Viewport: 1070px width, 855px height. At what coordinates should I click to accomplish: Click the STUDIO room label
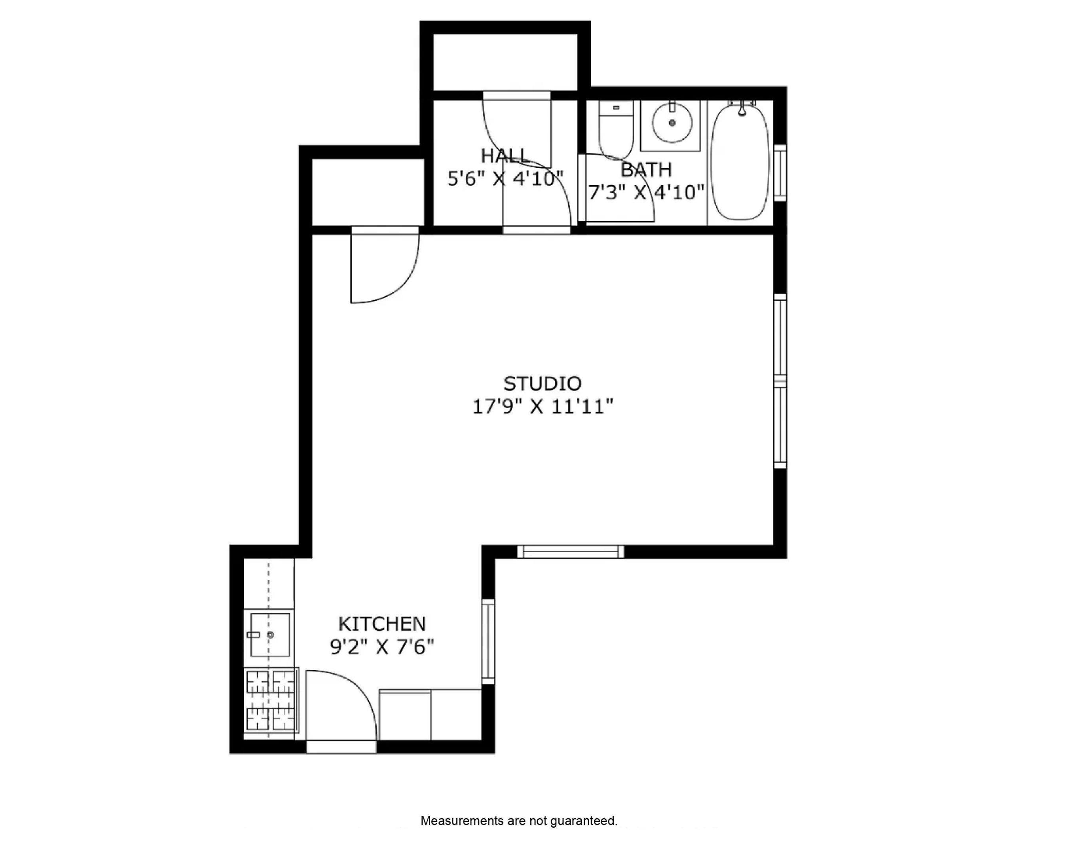click(x=542, y=384)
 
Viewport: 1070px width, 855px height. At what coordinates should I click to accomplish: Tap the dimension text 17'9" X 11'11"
click(x=542, y=407)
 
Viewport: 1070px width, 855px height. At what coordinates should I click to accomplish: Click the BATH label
click(x=646, y=170)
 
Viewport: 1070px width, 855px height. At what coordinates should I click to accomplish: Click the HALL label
click(x=503, y=156)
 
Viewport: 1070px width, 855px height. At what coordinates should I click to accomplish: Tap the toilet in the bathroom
click(x=615, y=129)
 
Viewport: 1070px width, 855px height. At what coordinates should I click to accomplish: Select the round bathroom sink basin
click(x=672, y=122)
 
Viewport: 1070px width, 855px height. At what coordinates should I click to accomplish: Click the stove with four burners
click(x=271, y=701)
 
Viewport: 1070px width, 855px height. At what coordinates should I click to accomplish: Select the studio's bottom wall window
click(x=570, y=552)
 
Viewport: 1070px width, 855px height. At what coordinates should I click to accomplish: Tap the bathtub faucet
click(x=742, y=108)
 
